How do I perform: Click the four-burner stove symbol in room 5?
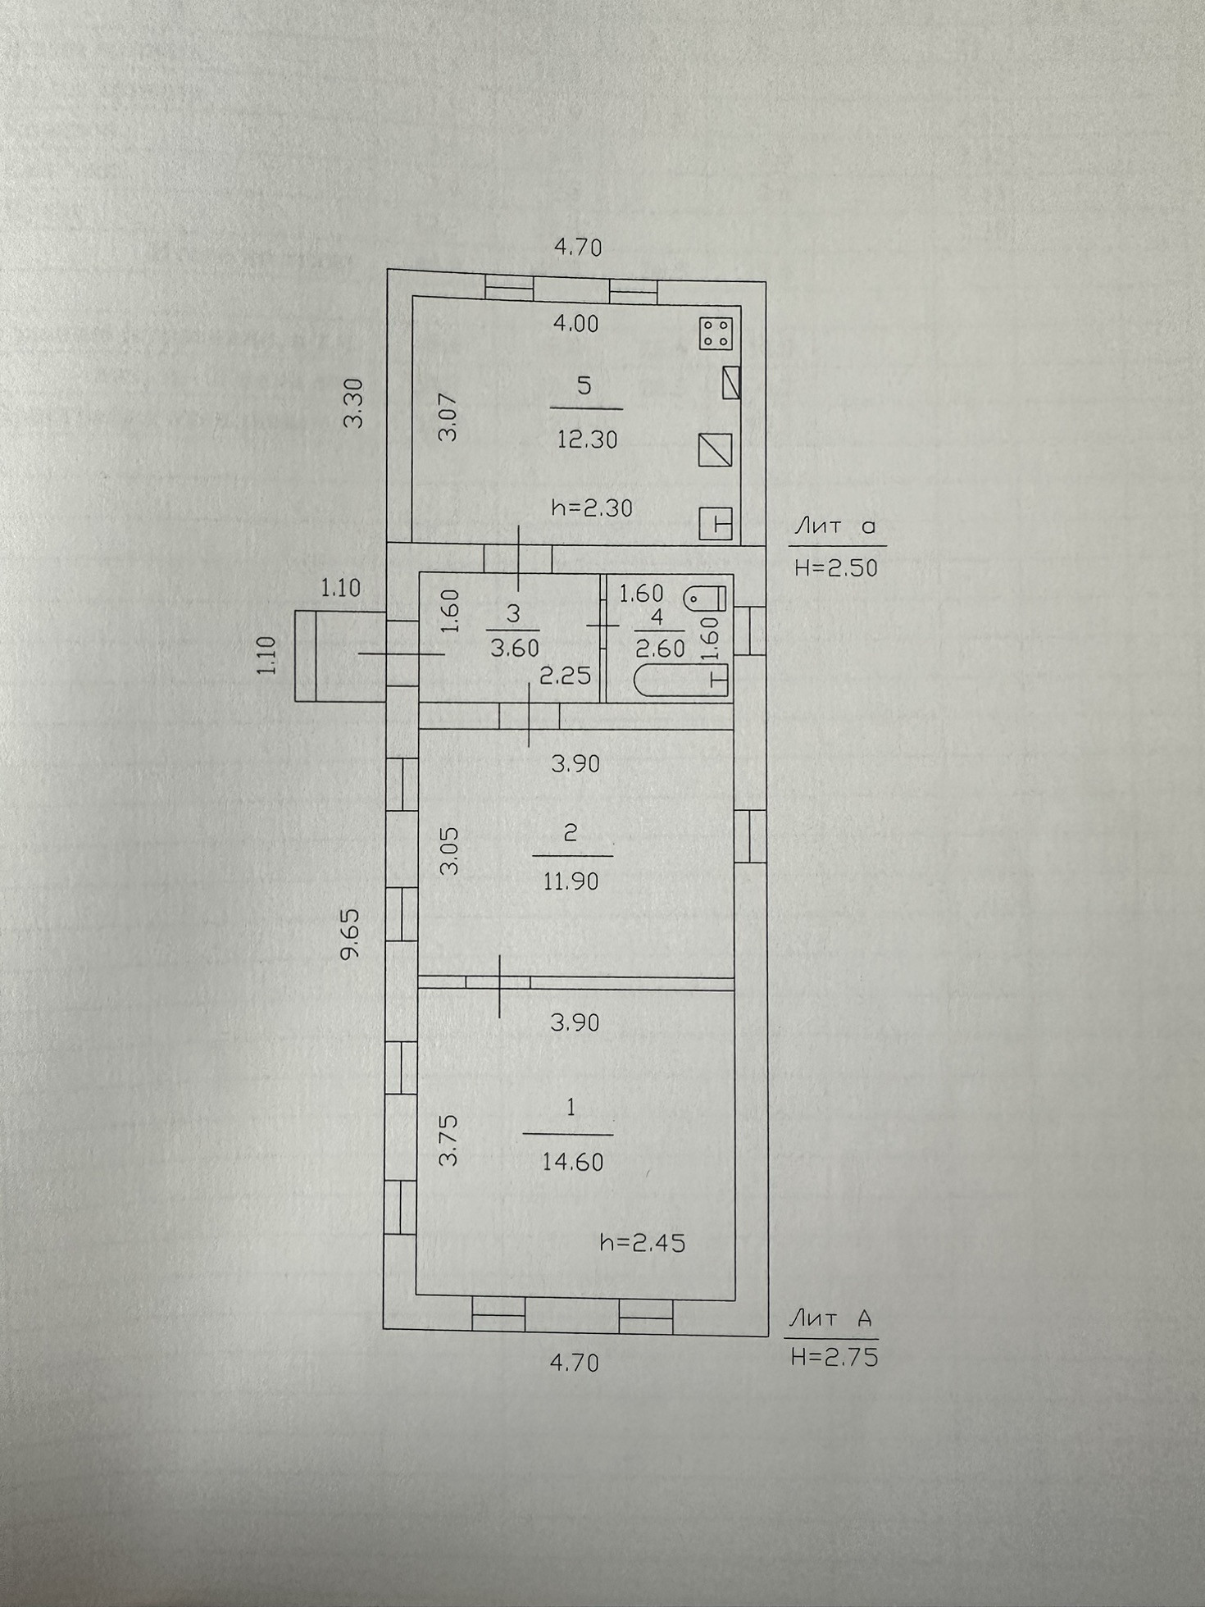click(x=716, y=334)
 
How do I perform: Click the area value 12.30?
click(x=587, y=440)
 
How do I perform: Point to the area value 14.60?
click(x=572, y=1162)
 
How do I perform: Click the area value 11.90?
click(x=571, y=881)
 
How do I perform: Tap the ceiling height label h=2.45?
click(x=643, y=1243)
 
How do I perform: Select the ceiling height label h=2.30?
click(x=593, y=508)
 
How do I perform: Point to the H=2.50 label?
click(x=836, y=567)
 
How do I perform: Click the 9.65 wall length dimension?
click(x=352, y=932)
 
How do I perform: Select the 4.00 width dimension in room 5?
click(x=575, y=324)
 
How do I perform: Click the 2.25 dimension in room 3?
click(x=565, y=676)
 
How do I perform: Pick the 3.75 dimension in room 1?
click(x=448, y=1140)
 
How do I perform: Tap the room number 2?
click(x=571, y=834)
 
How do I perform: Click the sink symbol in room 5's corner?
click(x=716, y=522)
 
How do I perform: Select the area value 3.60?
click(x=515, y=649)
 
